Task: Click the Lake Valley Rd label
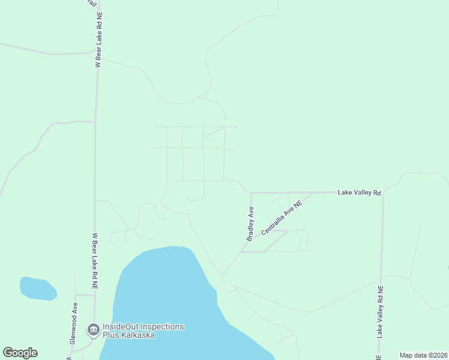pyautogui.click(x=360, y=193)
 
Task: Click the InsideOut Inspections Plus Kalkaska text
pyautogui.click(x=143, y=331)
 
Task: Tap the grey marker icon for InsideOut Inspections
pyautogui.click(x=93, y=329)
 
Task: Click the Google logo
pyautogui.click(x=20, y=353)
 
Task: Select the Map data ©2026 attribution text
pyautogui.click(x=423, y=355)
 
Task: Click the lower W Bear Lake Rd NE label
pyautogui.click(x=95, y=263)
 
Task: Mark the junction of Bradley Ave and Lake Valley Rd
pyautogui.click(x=250, y=193)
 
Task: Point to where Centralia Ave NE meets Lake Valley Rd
pyautogui.click(x=312, y=193)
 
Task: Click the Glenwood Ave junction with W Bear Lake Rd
pyautogui.click(x=94, y=295)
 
